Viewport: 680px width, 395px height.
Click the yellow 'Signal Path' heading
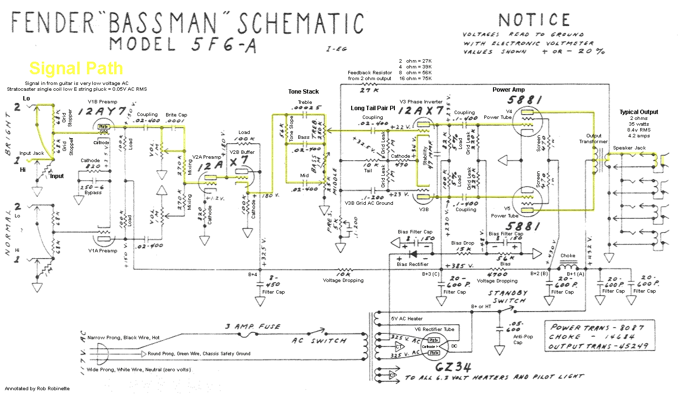pos(76,68)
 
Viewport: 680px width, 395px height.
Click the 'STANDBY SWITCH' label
pos(507,297)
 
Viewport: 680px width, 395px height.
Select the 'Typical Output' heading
pos(639,112)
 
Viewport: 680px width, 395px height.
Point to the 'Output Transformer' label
pos(594,139)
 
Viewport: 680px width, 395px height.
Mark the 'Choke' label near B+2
pos(567,256)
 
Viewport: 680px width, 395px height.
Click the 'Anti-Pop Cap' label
pos(518,339)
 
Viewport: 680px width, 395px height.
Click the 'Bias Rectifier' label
pos(412,264)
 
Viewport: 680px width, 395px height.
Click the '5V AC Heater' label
pos(407,318)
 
